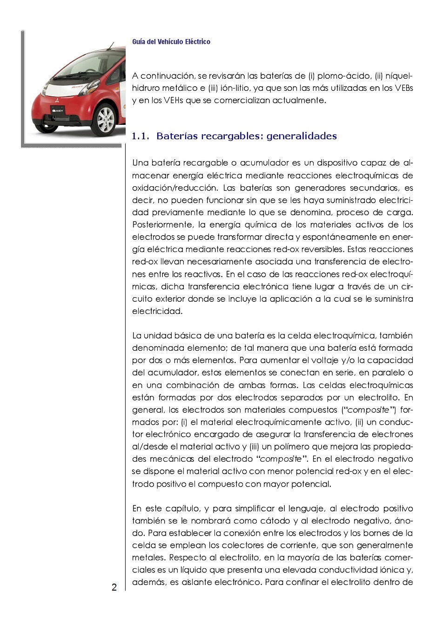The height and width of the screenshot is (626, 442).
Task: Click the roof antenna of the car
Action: pyautogui.click(x=111, y=46)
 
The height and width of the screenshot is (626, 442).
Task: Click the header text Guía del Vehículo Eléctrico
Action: pyautogui.click(x=171, y=42)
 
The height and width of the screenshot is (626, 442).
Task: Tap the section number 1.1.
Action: pyautogui.click(x=141, y=136)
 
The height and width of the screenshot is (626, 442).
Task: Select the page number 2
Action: pyautogui.click(x=114, y=587)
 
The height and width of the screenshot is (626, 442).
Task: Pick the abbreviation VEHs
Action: pyautogui.click(x=174, y=100)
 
